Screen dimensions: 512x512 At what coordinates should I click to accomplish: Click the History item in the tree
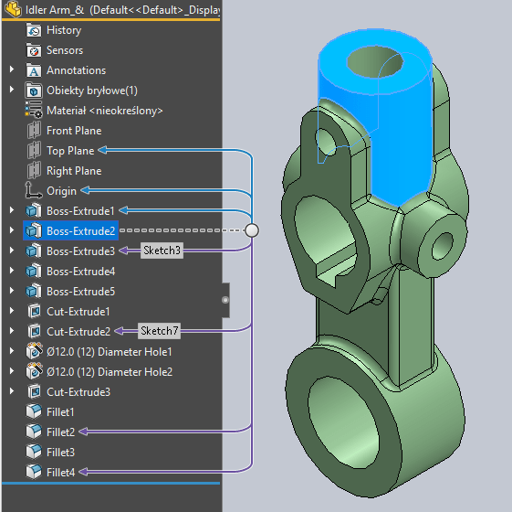63,30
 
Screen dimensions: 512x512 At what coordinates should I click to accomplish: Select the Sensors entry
64,50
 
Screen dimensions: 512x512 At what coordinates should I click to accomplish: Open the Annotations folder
76,70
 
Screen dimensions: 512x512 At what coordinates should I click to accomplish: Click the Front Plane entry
73,131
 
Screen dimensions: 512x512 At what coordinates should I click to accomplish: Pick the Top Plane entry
69,151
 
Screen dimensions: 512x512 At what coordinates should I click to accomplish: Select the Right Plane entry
73,171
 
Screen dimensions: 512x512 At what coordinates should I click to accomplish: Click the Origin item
61,191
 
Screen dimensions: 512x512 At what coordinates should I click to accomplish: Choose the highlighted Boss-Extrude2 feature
80,231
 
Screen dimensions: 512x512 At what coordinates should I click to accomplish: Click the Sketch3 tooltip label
161,251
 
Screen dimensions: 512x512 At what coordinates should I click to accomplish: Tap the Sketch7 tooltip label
158,331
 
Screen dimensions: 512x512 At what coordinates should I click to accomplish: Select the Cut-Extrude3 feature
78,392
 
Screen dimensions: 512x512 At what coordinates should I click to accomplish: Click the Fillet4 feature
60,472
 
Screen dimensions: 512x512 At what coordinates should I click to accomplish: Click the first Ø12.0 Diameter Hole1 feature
109,352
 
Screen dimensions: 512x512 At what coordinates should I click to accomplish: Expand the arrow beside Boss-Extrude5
12,292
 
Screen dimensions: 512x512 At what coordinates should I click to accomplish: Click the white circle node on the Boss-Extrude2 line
252,230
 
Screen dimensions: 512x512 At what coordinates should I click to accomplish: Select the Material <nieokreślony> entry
104,111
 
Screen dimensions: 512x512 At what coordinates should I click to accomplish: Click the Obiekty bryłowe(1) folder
91,91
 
